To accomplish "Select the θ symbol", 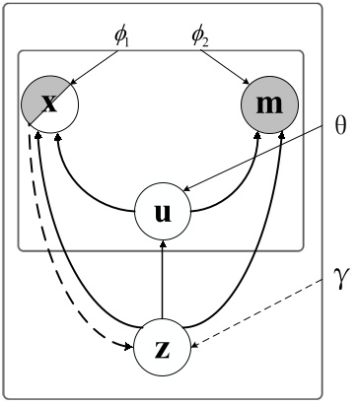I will pyautogui.click(x=341, y=129).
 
